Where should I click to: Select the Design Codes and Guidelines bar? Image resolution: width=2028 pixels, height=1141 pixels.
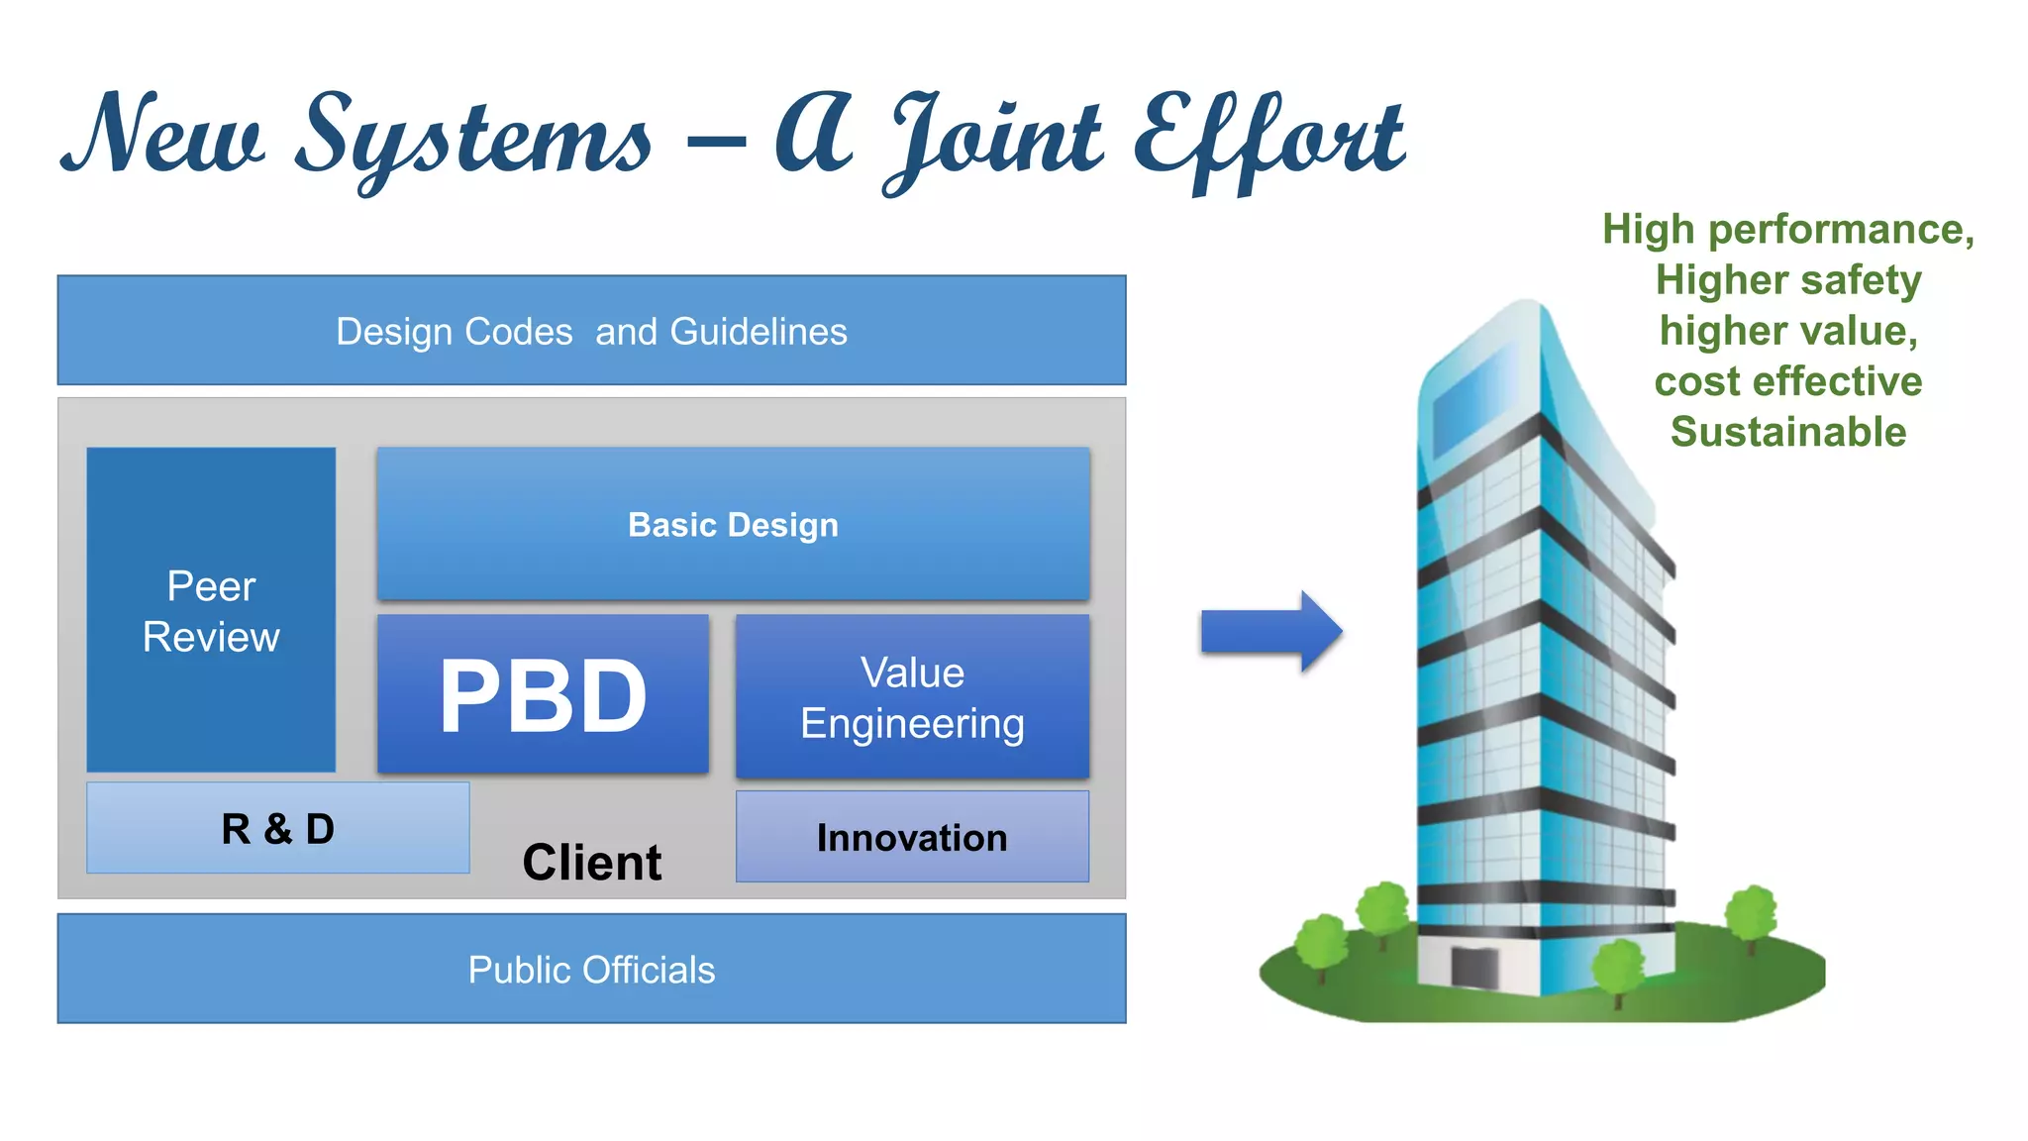click(591, 331)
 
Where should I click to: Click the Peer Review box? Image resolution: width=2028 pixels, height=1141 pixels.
click(211, 610)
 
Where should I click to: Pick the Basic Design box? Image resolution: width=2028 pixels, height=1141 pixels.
click(733, 524)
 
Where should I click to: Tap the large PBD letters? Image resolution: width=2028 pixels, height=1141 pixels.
click(543, 696)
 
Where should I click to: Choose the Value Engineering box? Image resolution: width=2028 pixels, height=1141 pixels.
click(912, 697)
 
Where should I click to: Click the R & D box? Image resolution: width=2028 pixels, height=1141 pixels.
click(278, 828)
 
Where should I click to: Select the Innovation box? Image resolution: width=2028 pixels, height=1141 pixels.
click(912, 837)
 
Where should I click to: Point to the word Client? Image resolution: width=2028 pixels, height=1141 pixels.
click(591, 862)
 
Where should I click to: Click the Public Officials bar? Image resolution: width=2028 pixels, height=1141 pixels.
click(591, 969)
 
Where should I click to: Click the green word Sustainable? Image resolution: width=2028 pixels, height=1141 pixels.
click(1788, 433)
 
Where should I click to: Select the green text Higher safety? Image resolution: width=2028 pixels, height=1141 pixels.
click(1788, 280)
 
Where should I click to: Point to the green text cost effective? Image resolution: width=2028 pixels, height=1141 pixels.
click(1788, 381)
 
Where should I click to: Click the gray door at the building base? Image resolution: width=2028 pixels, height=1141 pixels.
click(1474, 966)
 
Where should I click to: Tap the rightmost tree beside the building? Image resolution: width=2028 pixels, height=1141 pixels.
click(1752, 913)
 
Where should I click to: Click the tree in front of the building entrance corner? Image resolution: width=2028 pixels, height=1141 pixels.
click(1617, 967)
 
